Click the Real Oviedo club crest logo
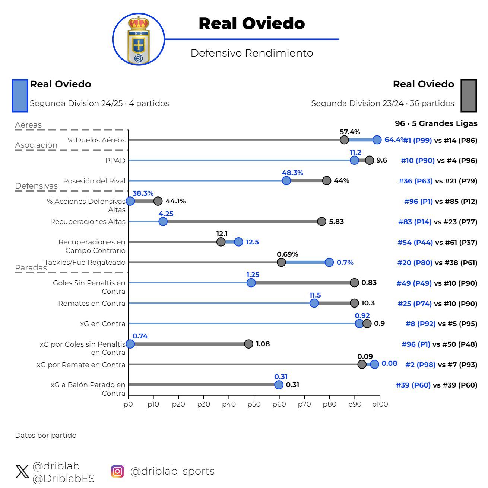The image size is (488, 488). [139, 39]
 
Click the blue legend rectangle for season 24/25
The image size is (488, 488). [20, 96]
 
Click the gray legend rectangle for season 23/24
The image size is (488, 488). [468, 96]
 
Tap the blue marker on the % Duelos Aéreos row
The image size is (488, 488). [377, 140]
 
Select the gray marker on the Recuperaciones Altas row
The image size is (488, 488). [321, 222]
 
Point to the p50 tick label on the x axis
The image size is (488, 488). [254, 404]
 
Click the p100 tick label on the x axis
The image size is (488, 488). [380, 404]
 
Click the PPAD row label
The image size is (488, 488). [115, 161]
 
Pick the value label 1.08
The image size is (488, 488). [263, 344]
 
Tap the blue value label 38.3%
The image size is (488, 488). [143, 193]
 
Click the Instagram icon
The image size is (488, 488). [117, 471]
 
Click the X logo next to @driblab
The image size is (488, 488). [22, 472]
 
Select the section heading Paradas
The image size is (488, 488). [31, 268]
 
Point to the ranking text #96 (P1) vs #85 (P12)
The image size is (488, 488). [440, 202]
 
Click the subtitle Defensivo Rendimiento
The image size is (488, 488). [251, 53]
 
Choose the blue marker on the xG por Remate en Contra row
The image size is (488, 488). [374, 365]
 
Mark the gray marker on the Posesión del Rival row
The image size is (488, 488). [326, 181]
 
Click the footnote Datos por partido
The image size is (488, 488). [45, 436]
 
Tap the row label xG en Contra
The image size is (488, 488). [103, 324]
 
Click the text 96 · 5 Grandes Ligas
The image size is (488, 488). [436, 123]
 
